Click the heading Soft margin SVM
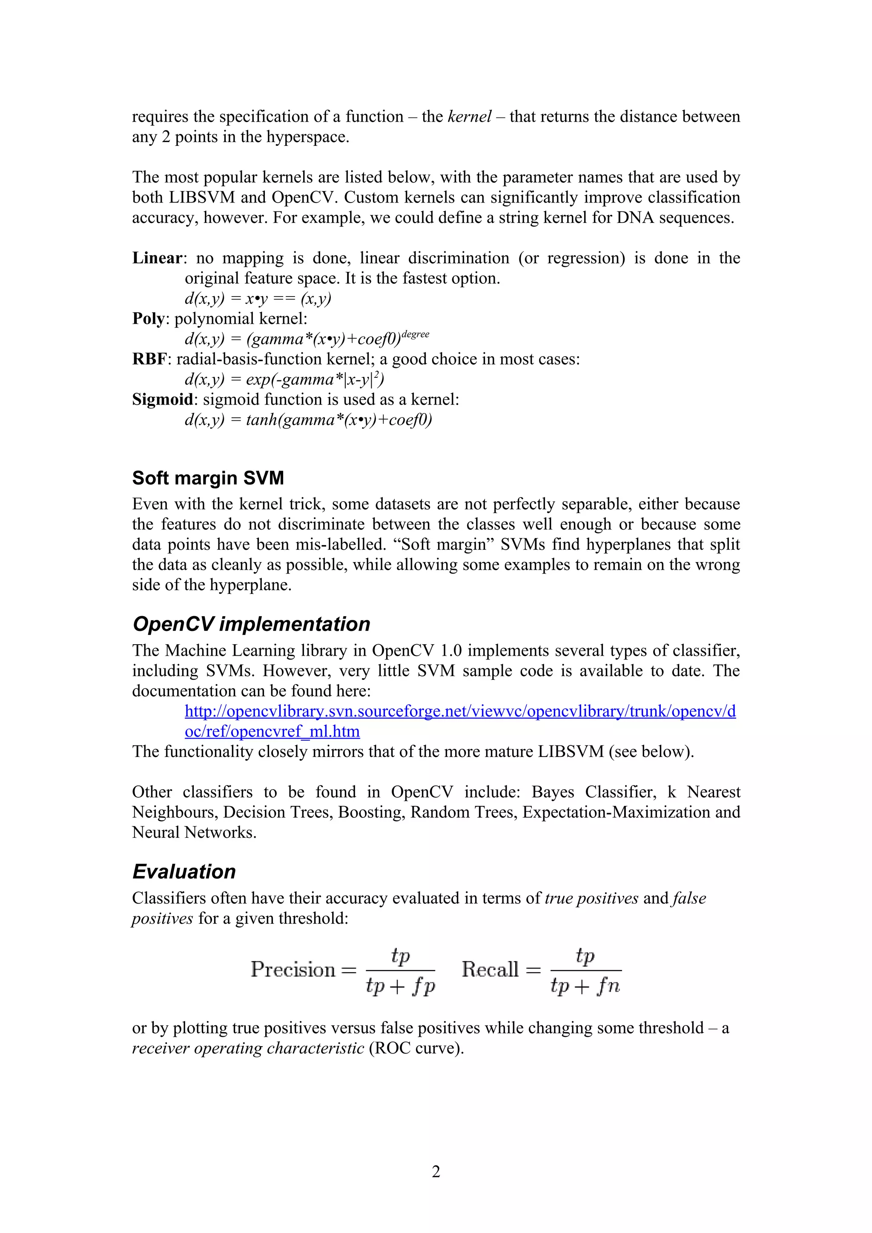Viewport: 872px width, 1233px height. [208, 478]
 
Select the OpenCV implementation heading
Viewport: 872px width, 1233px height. [252, 624]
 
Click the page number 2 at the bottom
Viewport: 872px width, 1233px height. [436, 1171]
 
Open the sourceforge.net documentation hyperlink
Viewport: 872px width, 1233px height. [460, 711]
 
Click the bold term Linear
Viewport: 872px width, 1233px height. [158, 258]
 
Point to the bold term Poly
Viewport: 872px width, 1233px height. [148, 319]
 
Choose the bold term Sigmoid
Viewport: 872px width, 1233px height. [163, 400]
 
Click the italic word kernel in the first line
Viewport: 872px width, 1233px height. [469, 117]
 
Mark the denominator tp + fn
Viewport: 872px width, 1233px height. [585, 986]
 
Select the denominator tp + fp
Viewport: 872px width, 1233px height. [400, 986]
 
